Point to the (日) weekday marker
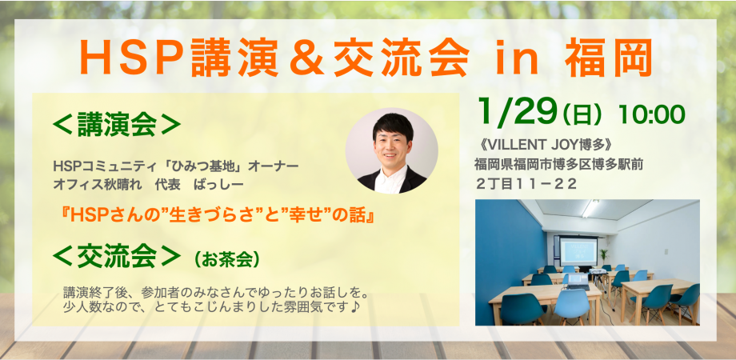(582, 115)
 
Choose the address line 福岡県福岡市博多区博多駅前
(558, 165)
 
